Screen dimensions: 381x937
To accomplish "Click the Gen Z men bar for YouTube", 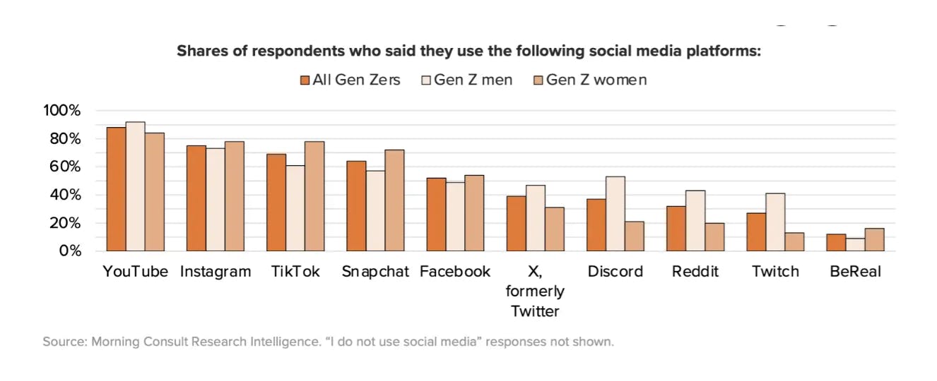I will pyautogui.click(x=135, y=186).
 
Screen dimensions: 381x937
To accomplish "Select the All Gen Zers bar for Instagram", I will pyautogui.click(x=196, y=198).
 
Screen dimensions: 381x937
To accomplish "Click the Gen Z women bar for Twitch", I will pyautogui.click(x=795, y=242).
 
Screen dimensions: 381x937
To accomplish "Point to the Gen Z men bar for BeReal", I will pyautogui.click(x=855, y=245).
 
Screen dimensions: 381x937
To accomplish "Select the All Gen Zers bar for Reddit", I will pyautogui.click(x=676, y=229).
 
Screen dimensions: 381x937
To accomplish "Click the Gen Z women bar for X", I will pyautogui.click(x=555, y=229).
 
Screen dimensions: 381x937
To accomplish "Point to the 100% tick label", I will pyautogui.click(x=62, y=111).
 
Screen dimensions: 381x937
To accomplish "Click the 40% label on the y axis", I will pyautogui.click(x=66, y=195).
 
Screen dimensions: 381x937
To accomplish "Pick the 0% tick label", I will pyautogui.click(x=69, y=251).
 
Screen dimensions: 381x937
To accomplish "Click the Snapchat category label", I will pyautogui.click(x=375, y=272).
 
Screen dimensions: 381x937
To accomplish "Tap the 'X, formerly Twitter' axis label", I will pyautogui.click(x=535, y=291).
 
